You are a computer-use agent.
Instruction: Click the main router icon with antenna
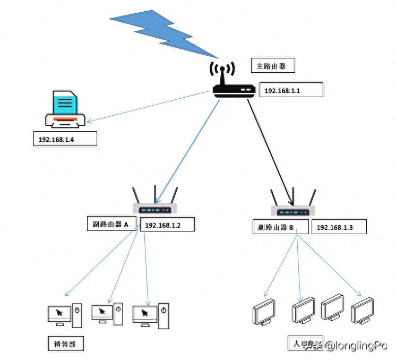tap(231, 82)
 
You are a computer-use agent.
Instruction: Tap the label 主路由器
tap(271, 66)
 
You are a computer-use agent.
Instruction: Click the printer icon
tap(65, 110)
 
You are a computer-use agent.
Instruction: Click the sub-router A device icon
tap(155, 203)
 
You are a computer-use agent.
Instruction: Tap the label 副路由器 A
tap(111, 224)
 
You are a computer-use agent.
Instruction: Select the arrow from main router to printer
tap(149, 107)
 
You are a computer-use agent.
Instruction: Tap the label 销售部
tap(65, 344)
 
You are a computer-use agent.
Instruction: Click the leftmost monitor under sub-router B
tap(264, 312)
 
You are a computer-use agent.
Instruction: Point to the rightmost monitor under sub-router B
tap(362, 311)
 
